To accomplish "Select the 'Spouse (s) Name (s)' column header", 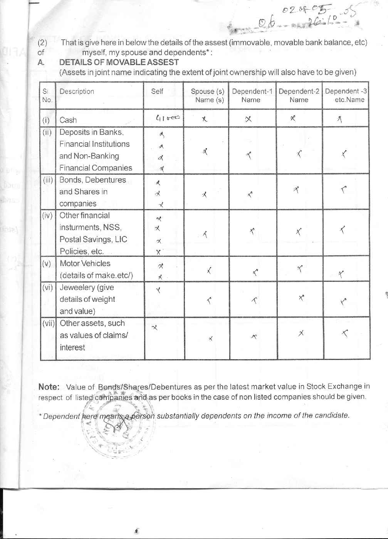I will [x=207, y=95].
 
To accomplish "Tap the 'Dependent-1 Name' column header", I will [x=252, y=95].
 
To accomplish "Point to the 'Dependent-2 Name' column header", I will [x=299, y=95].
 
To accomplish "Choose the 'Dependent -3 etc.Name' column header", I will [x=346, y=95].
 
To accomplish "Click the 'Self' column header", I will [x=157, y=91].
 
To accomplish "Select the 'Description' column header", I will [x=77, y=91].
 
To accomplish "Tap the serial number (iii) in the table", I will [x=47, y=180].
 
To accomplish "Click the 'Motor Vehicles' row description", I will [x=85, y=264].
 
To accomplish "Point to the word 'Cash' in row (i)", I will [x=68, y=120].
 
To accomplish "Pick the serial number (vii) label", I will [x=49, y=323].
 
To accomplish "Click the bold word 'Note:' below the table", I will [x=49, y=387].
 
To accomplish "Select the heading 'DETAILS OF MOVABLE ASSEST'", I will [x=119, y=62].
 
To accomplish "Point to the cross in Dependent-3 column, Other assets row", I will [x=345, y=334].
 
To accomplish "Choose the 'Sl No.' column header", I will [x=47, y=95].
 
